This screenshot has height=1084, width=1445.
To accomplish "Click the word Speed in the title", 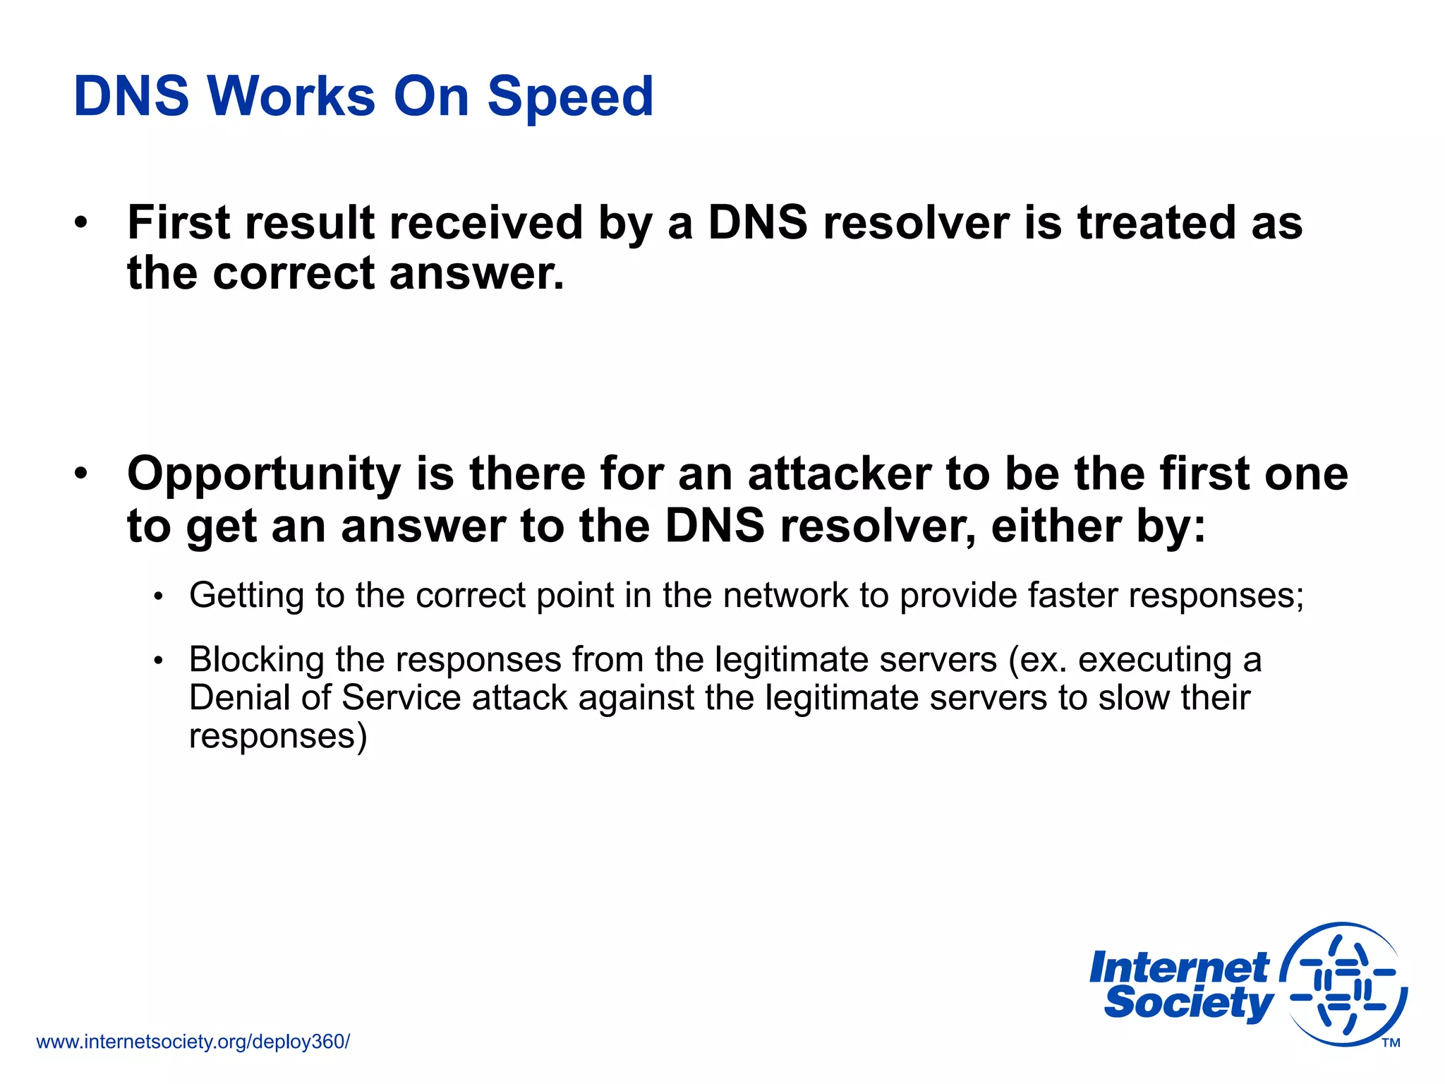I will pos(570,97).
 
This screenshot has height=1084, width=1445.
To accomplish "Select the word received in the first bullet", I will pos(485,223).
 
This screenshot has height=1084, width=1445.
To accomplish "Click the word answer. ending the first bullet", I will pos(477,274).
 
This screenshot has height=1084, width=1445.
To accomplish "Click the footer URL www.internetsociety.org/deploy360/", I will pos(193,1042).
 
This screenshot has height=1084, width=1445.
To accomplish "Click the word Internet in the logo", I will pos(1179,968).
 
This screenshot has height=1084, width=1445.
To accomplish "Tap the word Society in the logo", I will pos(1189,1003).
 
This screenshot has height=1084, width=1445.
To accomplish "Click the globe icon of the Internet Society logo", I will pos(1344,984).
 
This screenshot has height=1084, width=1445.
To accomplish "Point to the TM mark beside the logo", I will pos(1391,1043).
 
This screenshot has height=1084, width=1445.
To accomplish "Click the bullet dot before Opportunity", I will pos(82,473).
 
